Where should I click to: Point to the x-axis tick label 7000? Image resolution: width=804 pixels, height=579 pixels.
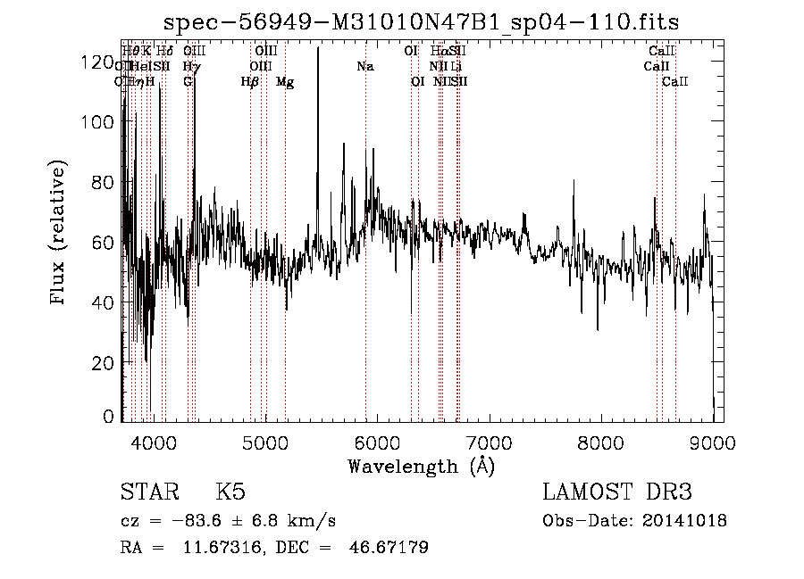489,442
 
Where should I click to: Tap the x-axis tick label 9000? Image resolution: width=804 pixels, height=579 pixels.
712,442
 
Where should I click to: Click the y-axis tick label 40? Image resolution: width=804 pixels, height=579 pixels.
103,303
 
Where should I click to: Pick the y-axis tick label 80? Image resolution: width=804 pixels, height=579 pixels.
103,183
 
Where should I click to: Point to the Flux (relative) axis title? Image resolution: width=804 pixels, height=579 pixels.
60,234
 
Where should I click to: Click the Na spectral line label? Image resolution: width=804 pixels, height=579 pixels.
364,67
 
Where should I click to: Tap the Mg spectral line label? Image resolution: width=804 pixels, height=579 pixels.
285,82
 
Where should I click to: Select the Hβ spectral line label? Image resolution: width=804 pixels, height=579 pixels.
250,82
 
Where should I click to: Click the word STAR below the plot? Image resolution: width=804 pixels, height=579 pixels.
149,492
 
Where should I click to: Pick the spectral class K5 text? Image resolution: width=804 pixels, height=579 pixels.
230,492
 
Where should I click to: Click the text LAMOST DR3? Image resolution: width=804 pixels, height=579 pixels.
617,492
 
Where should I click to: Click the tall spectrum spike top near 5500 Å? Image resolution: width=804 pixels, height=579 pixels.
318,49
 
